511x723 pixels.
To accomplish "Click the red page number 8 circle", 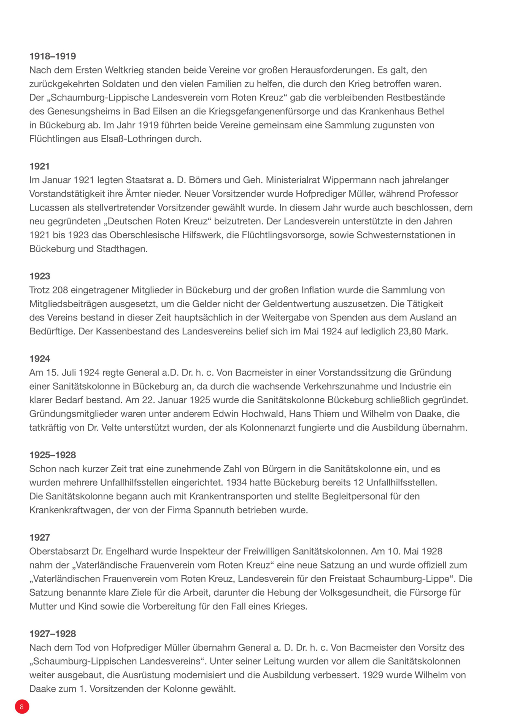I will [22, 706].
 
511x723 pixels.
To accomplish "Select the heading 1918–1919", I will [53, 56].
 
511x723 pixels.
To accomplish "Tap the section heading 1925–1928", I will [53, 455].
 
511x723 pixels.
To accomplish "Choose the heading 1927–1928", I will [53, 634].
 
